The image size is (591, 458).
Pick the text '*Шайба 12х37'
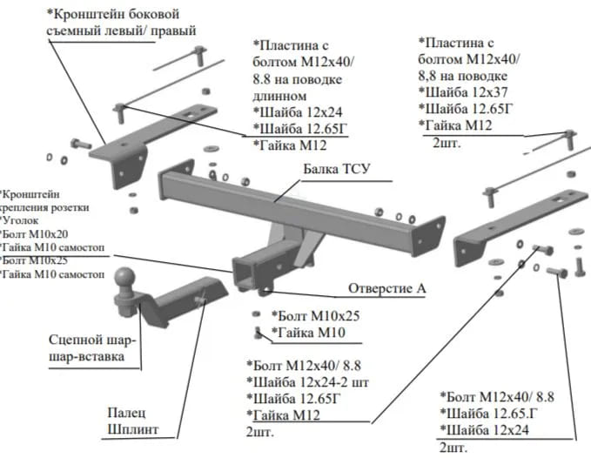click(461, 91)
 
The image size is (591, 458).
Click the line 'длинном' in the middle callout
click(280, 95)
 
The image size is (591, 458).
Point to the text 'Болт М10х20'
click(34, 235)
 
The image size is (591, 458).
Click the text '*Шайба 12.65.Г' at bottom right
click(493, 413)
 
